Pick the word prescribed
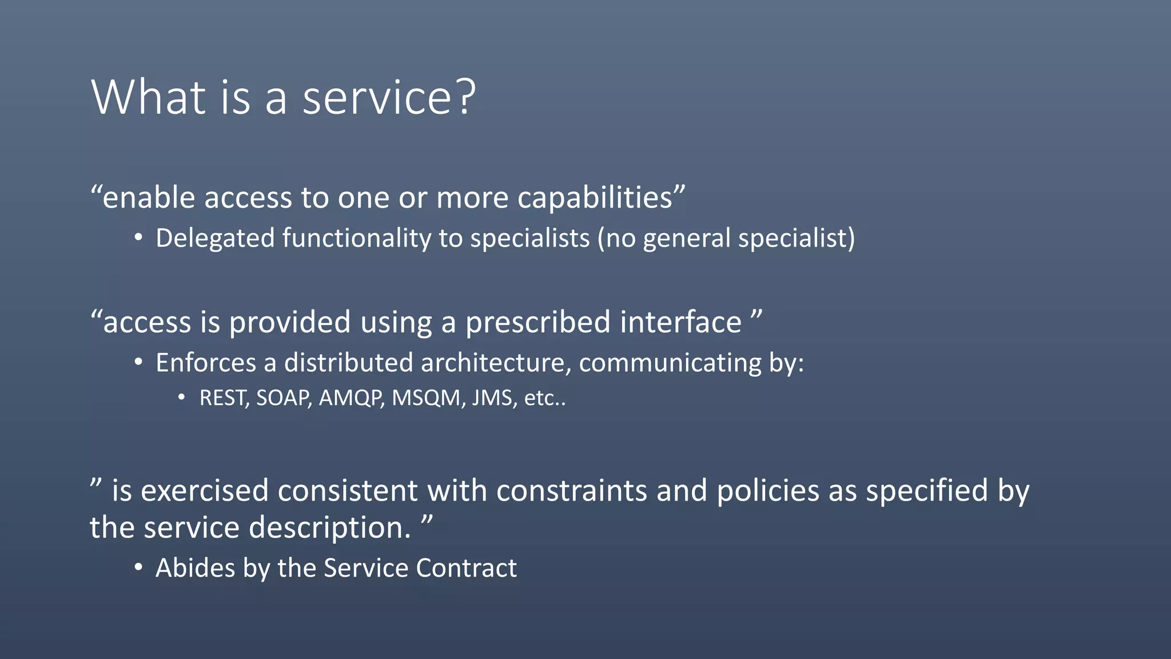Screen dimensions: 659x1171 coord(538,322)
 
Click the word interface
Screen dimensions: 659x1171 coord(680,322)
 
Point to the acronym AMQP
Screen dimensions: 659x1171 coord(350,398)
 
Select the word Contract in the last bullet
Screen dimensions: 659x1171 coord(466,568)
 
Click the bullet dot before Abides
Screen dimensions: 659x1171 coord(138,568)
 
